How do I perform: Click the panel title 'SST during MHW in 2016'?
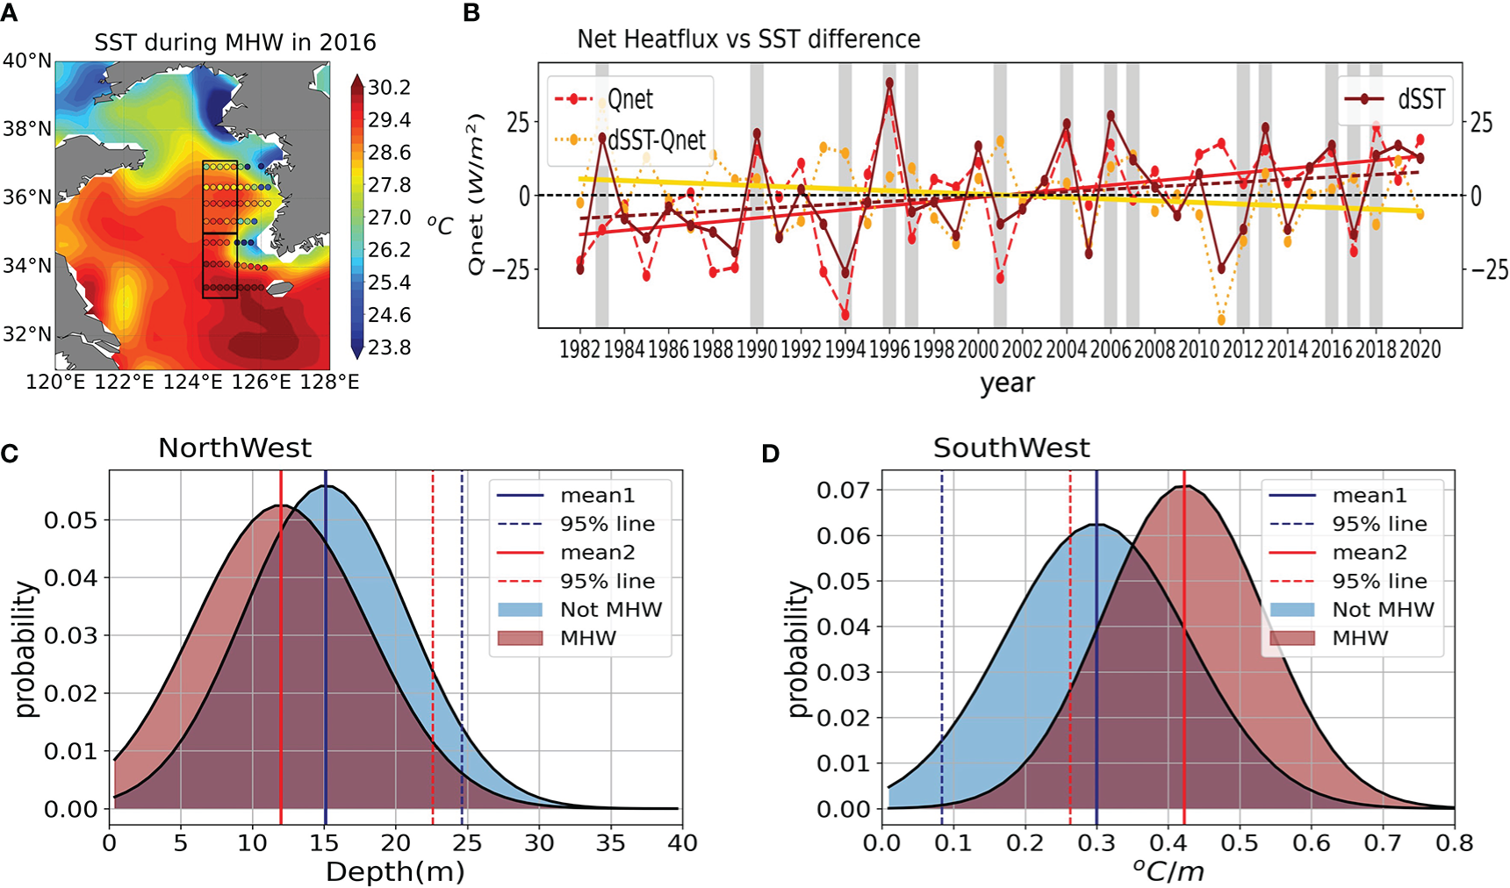pos(234,42)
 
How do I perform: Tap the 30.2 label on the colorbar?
pos(390,87)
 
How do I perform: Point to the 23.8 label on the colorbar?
pos(390,347)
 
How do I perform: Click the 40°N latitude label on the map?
pos(26,61)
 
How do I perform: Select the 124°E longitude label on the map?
pos(192,382)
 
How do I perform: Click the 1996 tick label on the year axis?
pos(889,349)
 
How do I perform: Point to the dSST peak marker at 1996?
pos(889,82)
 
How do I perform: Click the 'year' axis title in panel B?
pos(1007,383)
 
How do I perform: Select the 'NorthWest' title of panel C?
pos(234,448)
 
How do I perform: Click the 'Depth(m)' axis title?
pos(395,871)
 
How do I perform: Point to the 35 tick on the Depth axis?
pos(610,843)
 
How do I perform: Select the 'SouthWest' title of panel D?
pos(1011,448)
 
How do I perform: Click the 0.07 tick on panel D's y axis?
pos(844,490)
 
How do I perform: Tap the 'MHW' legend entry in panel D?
pos(1360,638)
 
